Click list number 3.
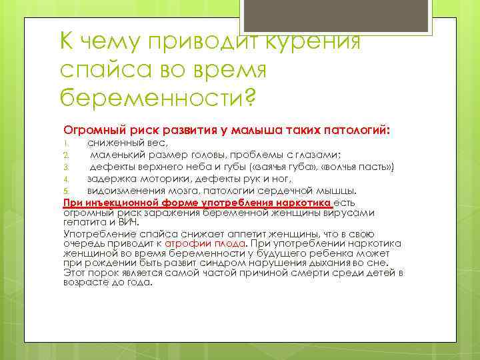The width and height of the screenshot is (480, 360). tap(66, 167)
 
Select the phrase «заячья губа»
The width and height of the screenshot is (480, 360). tap(275, 166)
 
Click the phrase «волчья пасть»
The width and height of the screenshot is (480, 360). tap(356, 166)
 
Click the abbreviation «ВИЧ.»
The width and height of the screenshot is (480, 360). tap(129, 222)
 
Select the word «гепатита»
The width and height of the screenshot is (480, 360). tap(85, 222)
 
